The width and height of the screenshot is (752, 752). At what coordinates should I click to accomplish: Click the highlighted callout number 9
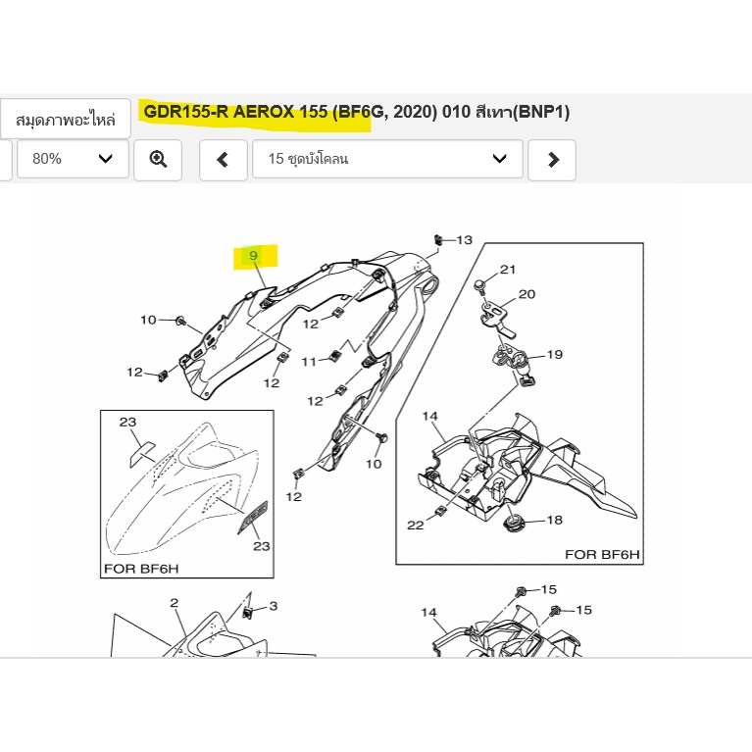253,256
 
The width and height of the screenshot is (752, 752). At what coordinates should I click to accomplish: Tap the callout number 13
465,240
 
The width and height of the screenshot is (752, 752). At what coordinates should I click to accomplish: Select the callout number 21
508,270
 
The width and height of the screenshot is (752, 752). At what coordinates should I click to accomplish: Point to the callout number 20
526,294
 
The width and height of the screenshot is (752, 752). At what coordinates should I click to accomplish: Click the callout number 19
554,354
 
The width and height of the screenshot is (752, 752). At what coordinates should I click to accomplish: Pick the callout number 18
554,520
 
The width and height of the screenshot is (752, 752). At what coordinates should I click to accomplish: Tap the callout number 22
416,526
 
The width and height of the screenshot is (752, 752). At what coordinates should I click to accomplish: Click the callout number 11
309,362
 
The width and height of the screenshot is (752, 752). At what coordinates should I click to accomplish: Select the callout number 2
175,603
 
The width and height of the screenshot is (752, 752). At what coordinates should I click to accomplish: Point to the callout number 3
274,606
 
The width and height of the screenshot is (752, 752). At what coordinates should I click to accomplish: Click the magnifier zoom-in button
158,160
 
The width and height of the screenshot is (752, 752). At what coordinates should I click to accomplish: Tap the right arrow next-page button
552,160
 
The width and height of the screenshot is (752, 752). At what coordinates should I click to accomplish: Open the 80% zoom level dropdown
73,160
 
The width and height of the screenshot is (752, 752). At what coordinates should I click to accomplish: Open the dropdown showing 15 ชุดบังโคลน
387,160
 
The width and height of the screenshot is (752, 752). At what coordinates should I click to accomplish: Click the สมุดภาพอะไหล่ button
66,119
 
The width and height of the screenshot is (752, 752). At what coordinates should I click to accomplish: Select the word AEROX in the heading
264,112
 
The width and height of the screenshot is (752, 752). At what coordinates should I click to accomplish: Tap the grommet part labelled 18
514,523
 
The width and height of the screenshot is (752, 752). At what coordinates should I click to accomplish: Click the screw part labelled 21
479,285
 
